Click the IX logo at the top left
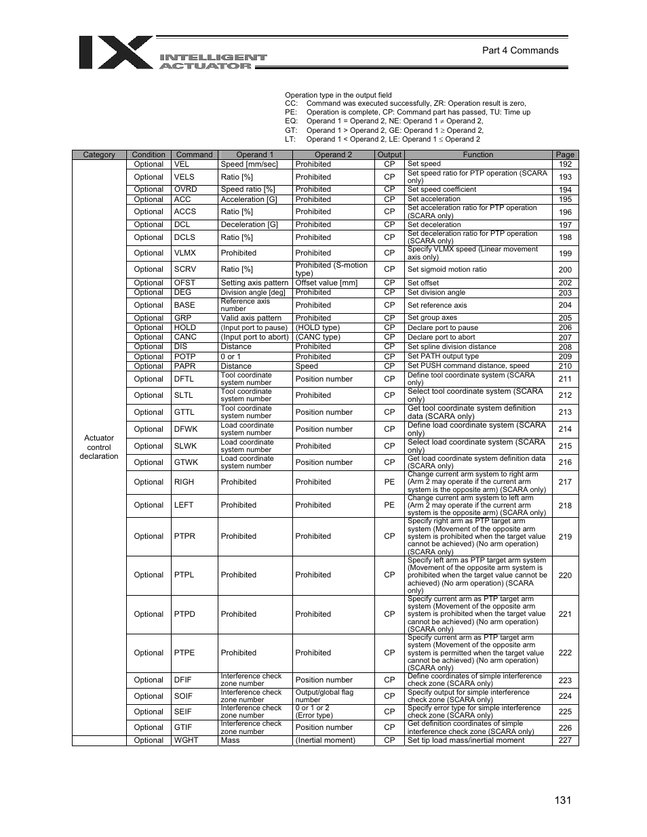click(115, 53)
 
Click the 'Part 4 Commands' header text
click(520, 50)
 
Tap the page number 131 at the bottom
click(562, 800)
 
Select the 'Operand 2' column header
click(333, 155)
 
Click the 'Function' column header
click(477, 155)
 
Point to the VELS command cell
click(184, 177)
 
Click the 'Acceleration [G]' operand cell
click(249, 199)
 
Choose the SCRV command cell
click(184, 269)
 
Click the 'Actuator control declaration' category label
click(99, 447)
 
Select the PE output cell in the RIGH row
click(389, 482)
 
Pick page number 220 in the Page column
click(565, 575)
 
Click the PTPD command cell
click(184, 614)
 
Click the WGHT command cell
click(186, 740)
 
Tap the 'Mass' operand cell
click(230, 740)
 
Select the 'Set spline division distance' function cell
click(452, 346)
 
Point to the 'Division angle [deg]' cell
click(253, 292)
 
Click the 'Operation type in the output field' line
click(338, 96)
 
